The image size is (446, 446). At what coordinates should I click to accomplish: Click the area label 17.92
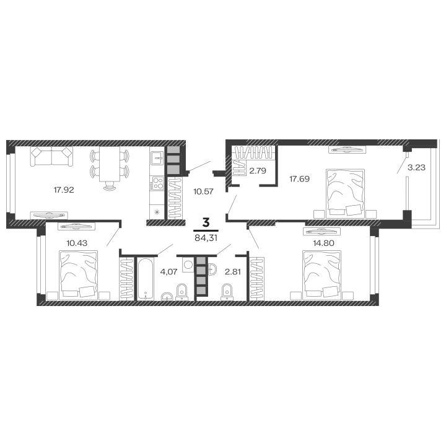click(64, 190)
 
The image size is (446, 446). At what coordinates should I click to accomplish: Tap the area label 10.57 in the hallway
click(203, 191)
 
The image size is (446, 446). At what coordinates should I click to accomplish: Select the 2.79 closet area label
click(258, 171)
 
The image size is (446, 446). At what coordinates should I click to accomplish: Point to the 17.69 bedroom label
click(300, 178)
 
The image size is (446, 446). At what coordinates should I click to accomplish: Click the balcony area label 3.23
click(416, 167)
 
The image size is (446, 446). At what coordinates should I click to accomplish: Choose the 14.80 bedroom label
click(324, 243)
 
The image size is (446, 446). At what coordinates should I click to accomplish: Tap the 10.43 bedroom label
click(77, 243)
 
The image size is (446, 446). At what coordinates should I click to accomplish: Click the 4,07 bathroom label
click(168, 272)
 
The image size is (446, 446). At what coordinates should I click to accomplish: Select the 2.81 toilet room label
click(233, 272)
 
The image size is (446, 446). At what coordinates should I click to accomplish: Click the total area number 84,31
click(206, 238)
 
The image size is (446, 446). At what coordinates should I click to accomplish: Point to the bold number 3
click(206, 222)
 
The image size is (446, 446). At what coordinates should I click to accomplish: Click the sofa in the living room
click(51, 156)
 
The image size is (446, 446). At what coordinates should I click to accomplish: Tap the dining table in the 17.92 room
click(110, 164)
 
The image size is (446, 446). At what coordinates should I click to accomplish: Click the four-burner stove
click(157, 183)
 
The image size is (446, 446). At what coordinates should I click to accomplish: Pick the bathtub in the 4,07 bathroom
click(146, 279)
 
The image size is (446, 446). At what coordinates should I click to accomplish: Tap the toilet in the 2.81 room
click(227, 292)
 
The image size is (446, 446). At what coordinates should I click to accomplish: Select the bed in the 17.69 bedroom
click(345, 193)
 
